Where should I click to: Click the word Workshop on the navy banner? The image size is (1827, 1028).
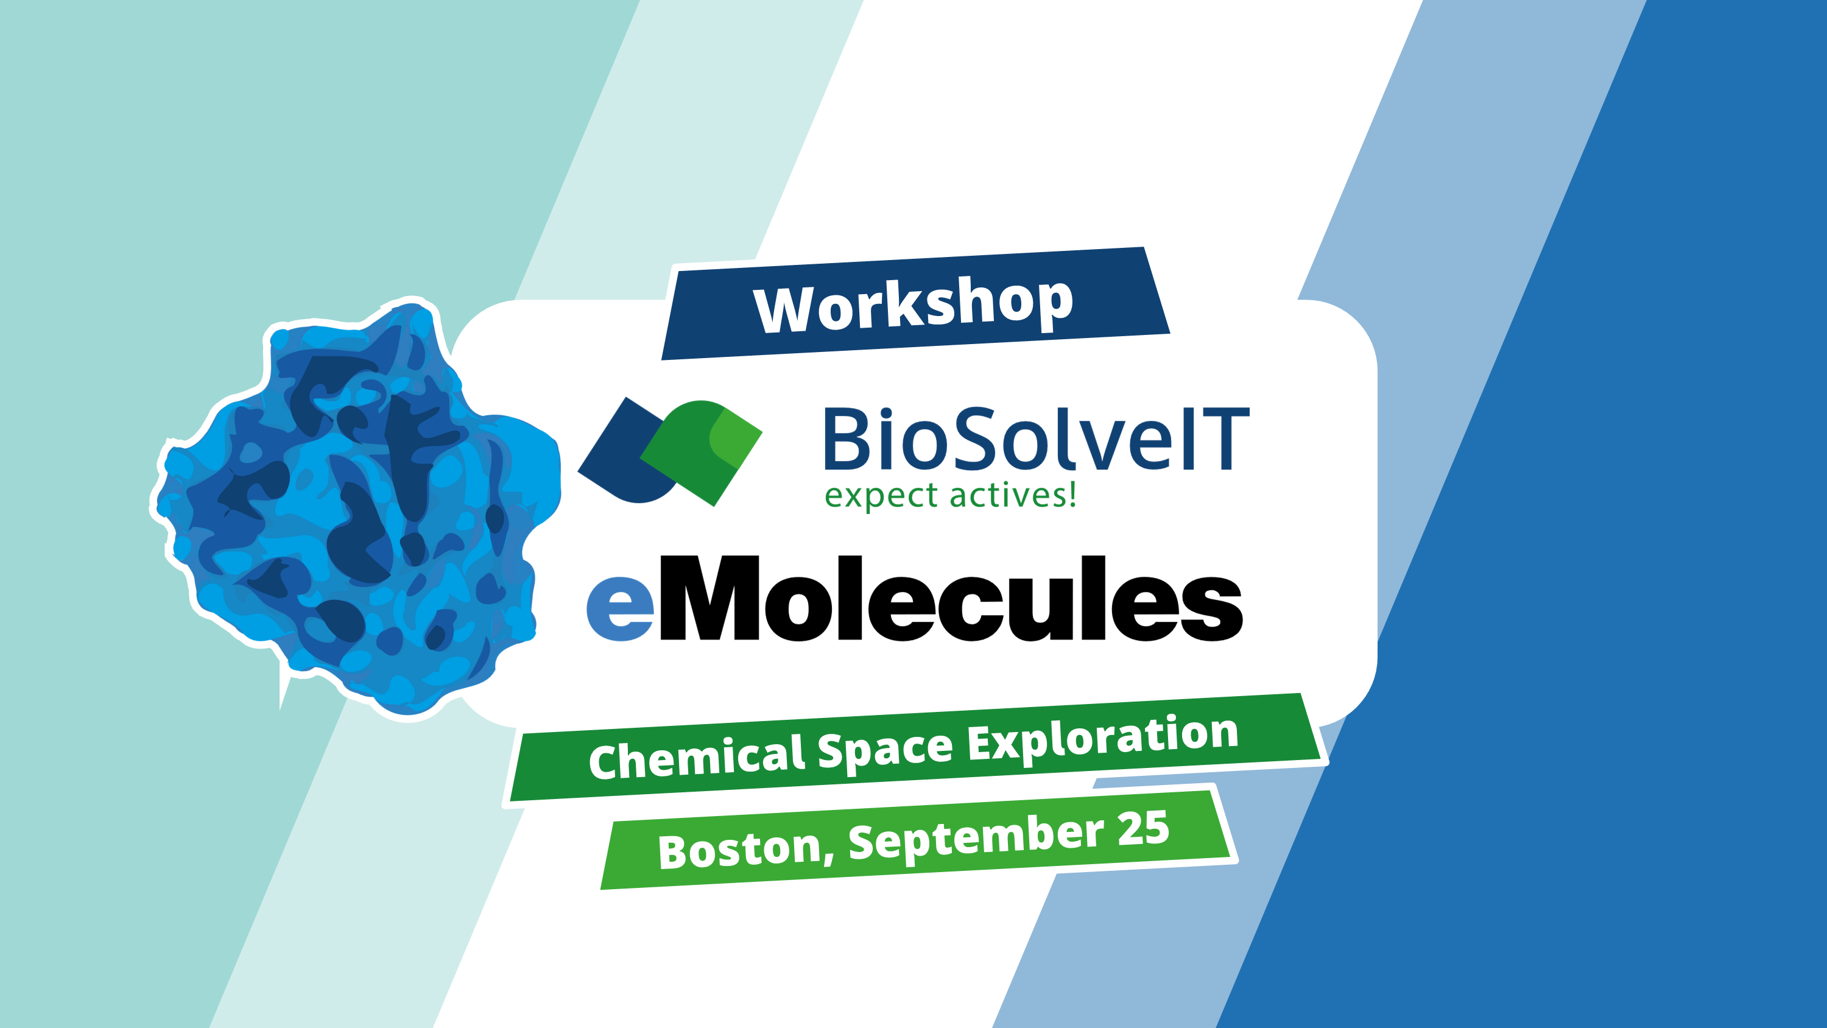pos(913,305)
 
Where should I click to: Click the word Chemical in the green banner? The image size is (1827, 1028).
pos(695,758)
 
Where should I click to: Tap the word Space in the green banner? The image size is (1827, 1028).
pos(884,748)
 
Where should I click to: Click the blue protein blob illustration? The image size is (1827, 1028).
pos(354,504)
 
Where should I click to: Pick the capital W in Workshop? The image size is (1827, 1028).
pos(783,310)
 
